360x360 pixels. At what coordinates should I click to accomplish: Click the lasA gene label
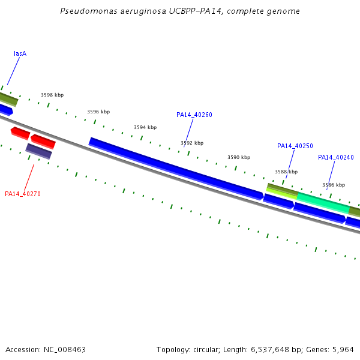(20, 53)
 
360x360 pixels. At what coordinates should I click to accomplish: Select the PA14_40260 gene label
(194, 115)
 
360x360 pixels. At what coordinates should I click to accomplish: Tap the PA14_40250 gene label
(295, 146)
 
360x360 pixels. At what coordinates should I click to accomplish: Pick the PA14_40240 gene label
(335, 157)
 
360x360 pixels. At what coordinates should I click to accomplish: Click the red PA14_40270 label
(23, 194)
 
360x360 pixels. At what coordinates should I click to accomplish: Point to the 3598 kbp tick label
(52, 95)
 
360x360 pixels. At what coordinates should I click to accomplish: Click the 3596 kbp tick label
(98, 112)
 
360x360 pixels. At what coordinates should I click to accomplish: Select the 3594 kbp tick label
(145, 127)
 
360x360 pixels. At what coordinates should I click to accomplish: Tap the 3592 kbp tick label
(192, 143)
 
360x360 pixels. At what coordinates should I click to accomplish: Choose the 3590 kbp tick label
(239, 157)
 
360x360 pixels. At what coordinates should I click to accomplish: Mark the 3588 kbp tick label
(286, 172)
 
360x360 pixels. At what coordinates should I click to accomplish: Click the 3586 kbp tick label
(334, 185)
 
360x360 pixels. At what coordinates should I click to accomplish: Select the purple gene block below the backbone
(38, 151)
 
